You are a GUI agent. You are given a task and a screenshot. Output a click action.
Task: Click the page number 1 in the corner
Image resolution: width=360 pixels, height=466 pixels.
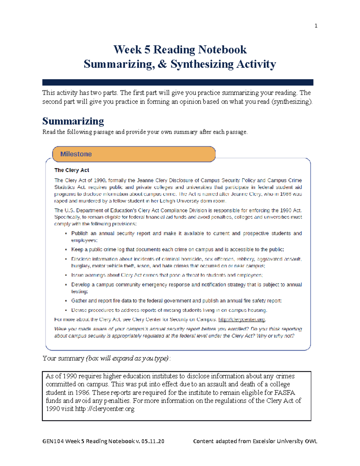pos(316,26)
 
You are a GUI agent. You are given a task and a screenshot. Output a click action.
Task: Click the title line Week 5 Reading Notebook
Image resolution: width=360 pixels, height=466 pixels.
pos(180,50)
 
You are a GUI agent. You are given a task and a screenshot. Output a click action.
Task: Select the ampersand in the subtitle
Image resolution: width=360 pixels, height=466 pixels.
pos(162,64)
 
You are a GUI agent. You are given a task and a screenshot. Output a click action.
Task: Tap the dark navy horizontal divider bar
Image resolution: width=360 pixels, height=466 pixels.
pos(178,82)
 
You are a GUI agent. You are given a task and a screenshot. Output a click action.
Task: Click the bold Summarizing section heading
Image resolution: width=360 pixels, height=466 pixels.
pos(73,121)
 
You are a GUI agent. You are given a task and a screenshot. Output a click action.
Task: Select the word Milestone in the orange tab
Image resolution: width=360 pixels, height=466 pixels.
pos(76,154)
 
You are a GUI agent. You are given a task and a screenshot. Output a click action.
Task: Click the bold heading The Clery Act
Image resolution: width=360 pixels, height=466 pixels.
pos(72,170)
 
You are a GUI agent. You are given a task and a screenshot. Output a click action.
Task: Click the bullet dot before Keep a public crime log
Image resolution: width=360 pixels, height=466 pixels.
pos(66,250)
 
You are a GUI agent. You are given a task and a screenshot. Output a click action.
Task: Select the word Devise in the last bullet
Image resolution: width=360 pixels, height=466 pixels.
pos(79,310)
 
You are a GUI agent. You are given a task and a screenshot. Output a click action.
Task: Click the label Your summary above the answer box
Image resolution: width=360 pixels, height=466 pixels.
pos(63,358)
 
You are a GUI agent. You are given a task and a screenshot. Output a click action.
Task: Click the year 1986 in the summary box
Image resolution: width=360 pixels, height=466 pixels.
pos(82,392)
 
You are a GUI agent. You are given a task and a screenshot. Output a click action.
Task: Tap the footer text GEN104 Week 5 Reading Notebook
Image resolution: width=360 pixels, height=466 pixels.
pos(88,441)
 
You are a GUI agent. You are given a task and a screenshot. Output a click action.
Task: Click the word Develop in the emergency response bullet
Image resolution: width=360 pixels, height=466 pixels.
pos(80,284)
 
